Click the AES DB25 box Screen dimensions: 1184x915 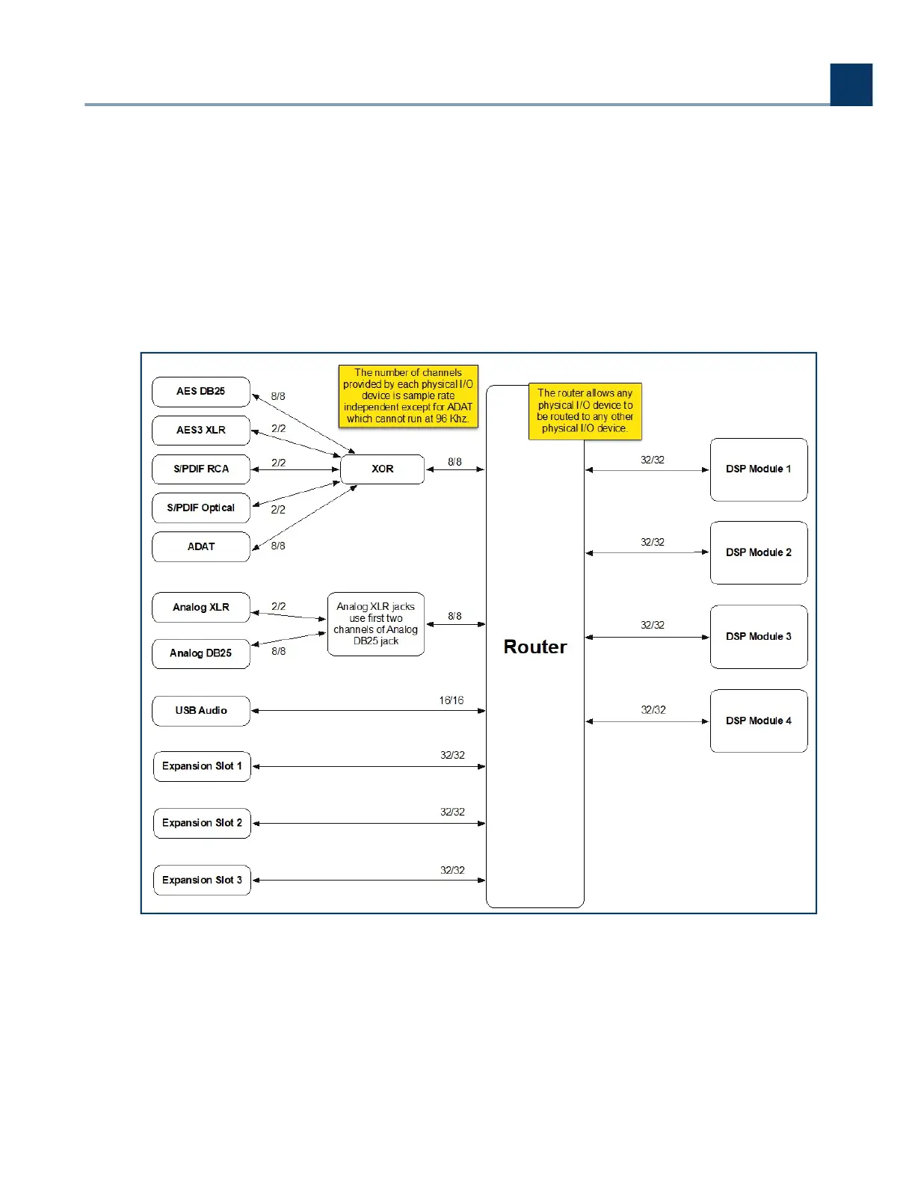click(200, 392)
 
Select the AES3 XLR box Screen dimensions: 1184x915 click(200, 431)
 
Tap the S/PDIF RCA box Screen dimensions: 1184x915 click(200, 469)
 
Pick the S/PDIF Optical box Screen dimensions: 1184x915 click(200, 508)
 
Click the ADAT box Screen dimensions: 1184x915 click(200, 547)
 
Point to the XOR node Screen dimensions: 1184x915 click(382, 469)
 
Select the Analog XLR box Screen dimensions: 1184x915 click(200, 608)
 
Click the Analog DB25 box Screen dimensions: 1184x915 click(200, 653)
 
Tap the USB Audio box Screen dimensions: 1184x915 click(200, 711)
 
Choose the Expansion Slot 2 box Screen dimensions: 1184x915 click(202, 823)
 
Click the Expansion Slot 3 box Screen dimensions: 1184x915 click(202, 881)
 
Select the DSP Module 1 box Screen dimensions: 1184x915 click(758, 469)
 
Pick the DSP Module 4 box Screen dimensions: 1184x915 click(758, 721)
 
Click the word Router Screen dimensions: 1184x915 click(535, 647)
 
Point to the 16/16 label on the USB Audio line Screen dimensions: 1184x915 click(451, 701)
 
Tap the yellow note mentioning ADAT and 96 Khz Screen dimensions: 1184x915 click(408, 396)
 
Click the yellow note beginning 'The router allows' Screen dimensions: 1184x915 click(585, 411)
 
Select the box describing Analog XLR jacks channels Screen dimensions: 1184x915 click(376, 624)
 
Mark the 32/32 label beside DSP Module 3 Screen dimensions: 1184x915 click(652, 626)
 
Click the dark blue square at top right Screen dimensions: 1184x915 click(851, 84)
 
